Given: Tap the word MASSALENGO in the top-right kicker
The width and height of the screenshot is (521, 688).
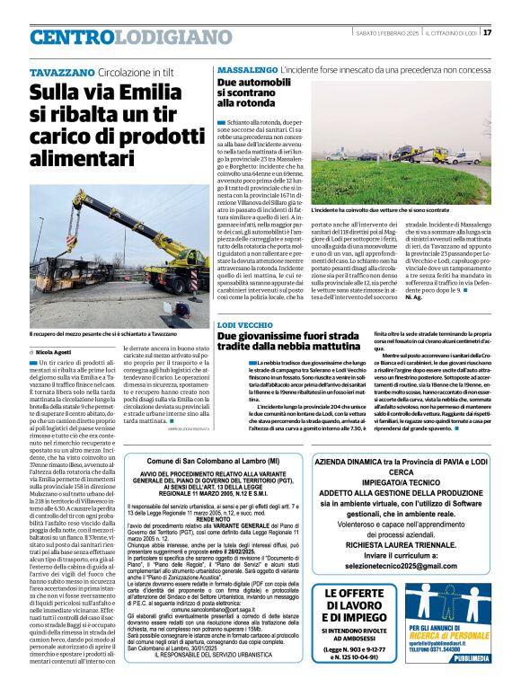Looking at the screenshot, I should (247, 69).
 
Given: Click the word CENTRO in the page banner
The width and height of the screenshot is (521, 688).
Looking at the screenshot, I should (73, 37).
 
